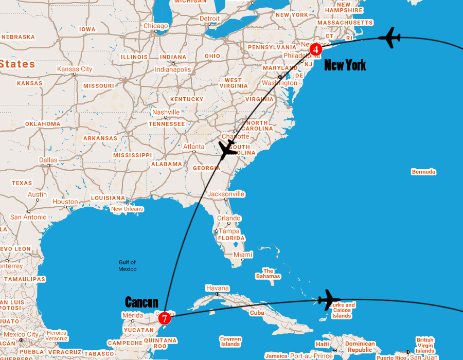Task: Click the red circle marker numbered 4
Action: pos(315,49)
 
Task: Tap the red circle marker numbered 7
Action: pos(164,318)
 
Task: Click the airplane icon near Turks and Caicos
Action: pos(329,300)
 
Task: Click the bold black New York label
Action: pos(345,65)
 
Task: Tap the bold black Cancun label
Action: pos(141,302)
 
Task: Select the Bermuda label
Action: pos(423,172)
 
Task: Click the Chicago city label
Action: pos(155,26)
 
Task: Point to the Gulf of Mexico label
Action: pos(128,265)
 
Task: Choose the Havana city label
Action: pos(217,288)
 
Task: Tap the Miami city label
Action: pos(243,255)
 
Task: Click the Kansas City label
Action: pos(75,69)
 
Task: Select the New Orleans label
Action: pos(127,209)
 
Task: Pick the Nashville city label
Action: pos(166,112)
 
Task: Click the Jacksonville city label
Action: pos(226,194)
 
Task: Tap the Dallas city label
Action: pos(48,160)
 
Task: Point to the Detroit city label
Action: pos(209,19)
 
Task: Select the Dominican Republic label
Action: pos(360,347)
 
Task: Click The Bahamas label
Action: pos(268,274)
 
